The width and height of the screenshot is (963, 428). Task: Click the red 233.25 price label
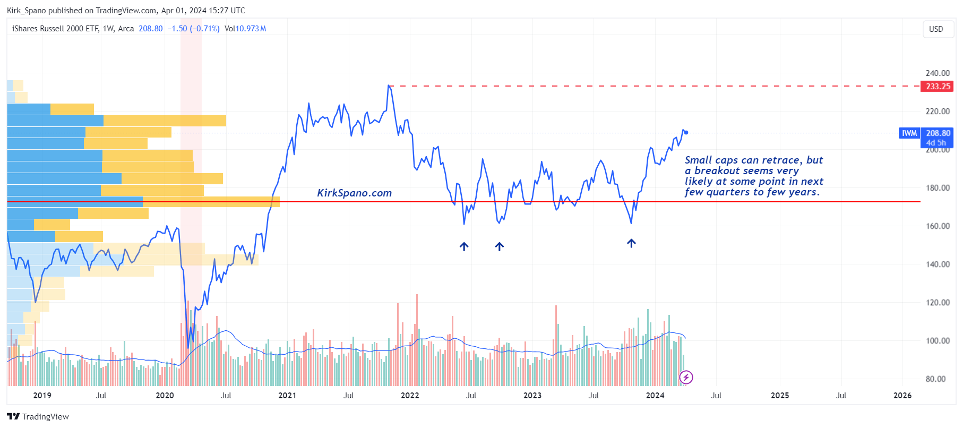[x=937, y=86]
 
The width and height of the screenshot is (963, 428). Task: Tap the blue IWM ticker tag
[x=909, y=133]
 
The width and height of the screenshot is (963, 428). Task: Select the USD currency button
[x=936, y=29]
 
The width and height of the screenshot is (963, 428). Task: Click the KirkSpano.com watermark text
[x=354, y=193]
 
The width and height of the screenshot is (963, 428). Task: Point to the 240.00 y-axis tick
[x=938, y=73]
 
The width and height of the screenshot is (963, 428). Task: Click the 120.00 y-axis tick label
[x=938, y=303]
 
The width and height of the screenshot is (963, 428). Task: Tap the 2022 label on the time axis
[x=410, y=396]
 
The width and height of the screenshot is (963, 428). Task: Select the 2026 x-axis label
[x=902, y=396]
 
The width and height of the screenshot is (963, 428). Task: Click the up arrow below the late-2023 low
[x=631, y=243]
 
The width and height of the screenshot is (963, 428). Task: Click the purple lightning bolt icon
[x=686, y=378]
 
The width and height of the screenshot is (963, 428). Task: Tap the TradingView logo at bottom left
[x=38, y=417]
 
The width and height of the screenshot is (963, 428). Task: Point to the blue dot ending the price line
[x=686, y=132]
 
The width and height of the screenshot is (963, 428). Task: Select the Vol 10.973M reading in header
[x=245, y=29]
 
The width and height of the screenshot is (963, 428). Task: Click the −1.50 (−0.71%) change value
[x=193, y=29]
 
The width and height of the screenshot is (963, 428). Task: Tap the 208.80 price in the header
[x=151, y=29]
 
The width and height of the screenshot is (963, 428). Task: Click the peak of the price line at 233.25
[x=389, y=85]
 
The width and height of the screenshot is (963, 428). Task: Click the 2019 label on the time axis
[x=42, y=396]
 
